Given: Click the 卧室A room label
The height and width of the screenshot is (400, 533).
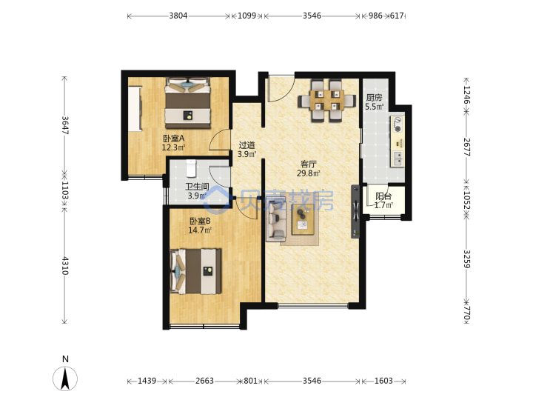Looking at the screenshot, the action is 174,139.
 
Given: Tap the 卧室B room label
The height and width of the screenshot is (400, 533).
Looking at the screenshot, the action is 200,221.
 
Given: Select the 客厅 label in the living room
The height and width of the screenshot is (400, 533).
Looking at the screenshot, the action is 308,164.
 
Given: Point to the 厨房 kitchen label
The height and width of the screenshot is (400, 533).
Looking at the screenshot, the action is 374,98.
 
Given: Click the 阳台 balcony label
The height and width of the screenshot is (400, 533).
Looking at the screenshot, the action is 383,196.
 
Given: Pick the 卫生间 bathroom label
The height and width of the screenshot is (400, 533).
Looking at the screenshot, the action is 197,187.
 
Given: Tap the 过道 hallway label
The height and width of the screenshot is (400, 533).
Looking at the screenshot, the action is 247,145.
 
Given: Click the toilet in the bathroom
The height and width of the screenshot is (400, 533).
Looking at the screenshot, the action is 191,168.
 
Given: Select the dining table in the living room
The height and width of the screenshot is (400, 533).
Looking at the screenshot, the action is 327,100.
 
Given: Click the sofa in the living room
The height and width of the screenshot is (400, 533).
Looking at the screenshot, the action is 275,220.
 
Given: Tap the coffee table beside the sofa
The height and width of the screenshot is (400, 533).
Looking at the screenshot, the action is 304,219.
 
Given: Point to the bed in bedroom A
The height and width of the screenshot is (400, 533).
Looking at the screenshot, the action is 187,103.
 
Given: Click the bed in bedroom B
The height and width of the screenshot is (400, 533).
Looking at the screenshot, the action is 195,271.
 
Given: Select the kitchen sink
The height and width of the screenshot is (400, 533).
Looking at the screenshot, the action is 398,159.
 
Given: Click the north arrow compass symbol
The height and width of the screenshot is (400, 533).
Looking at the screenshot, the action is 65,378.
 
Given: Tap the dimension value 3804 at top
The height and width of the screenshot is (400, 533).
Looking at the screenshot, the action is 178,16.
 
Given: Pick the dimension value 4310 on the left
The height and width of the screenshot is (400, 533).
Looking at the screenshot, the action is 65,266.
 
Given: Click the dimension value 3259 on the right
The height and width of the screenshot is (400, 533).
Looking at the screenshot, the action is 466,259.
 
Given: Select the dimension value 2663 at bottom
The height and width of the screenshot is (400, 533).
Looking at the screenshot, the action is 204,381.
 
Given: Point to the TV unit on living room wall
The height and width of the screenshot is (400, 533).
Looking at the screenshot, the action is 355,211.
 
